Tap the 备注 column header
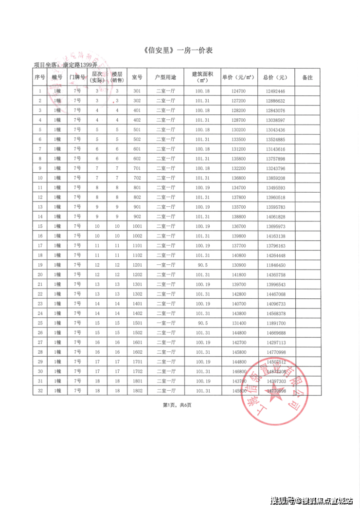(307, 77)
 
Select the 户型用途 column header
(165, 77)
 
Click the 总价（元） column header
(275, 77)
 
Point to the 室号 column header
(137, 77)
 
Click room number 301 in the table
(137, 91)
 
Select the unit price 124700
(238, 91)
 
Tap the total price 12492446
(275, 91)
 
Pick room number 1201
(137, 265)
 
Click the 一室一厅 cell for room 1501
(165, 323)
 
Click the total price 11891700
(275, 323)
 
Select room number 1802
(137, 390)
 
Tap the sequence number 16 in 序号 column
(40, 236)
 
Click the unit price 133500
(238, 140)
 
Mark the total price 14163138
(275, 236)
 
